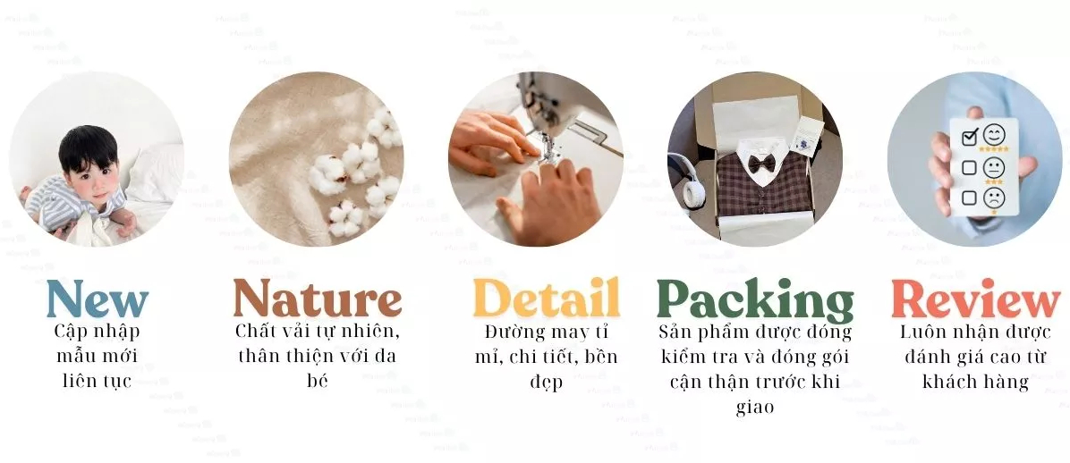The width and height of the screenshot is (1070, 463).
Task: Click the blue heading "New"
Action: pyautogui.click(x=97, y=299)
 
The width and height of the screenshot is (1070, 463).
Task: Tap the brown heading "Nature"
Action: pyautogui.click(x=318, y=298)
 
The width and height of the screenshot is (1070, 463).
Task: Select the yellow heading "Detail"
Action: pyautogui.click(x=546, y=298)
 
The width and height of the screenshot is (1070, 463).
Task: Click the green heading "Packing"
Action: pyautogui.click(x=755, y=300)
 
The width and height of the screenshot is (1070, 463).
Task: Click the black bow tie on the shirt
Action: pyautogui.click(x=760, y=164)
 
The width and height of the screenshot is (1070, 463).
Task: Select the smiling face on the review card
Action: pyautogui.click(x=994, y=136)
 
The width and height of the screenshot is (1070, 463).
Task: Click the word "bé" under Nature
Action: pyautogui.click(x=318, y=380)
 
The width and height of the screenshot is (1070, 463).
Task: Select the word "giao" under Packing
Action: pyautogui.click(x=755, y=407)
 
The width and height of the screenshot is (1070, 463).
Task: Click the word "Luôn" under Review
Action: pyautogui.click(x=922, y=332)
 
